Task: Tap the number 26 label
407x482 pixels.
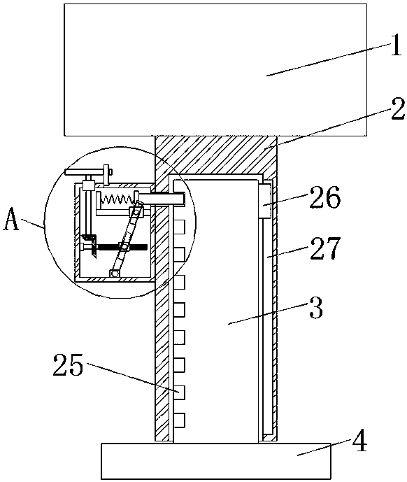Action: (325, 198)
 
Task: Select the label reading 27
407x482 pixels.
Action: (325, 248)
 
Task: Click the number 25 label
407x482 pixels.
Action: (69, 365)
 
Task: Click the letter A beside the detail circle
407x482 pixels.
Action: (10, 219)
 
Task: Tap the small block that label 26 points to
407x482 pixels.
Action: (265, 201)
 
